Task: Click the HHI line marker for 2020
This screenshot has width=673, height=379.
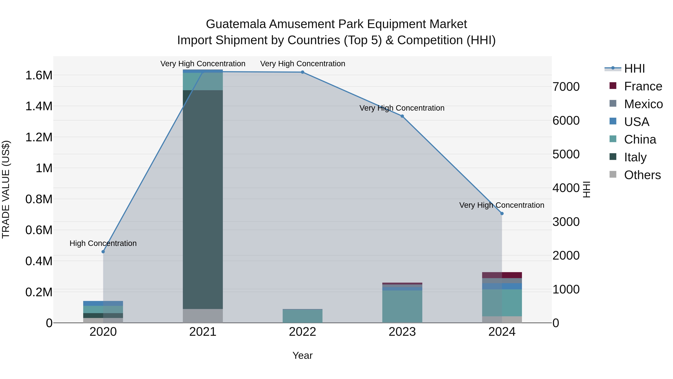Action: point(103,252)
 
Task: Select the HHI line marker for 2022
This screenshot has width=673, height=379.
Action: point(302,72)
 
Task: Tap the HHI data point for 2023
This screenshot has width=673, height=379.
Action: point(402,116)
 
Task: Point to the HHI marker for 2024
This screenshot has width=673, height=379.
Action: point(502,213)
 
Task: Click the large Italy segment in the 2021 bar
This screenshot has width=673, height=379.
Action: point(203,199)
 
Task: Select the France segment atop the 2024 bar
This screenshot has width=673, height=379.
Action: point(502,275)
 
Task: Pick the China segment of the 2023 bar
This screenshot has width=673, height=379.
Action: point(402,306)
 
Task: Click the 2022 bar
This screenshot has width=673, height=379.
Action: point(302,316)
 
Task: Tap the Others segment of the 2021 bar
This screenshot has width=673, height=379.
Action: point(203,316)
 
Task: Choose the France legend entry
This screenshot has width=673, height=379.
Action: point(643,86)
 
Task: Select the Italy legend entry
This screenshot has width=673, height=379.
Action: point(635,157)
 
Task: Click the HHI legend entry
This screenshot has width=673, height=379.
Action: point(634,69)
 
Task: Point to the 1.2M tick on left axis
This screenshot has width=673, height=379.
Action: point(39,137)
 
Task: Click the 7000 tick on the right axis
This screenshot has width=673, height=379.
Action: point(566,87)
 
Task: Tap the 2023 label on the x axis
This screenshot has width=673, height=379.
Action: point(402,332)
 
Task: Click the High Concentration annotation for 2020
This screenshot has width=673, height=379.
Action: point(103,243)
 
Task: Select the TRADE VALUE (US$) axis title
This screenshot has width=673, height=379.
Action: point(6,189)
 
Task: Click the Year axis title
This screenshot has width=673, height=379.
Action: point(302,355)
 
